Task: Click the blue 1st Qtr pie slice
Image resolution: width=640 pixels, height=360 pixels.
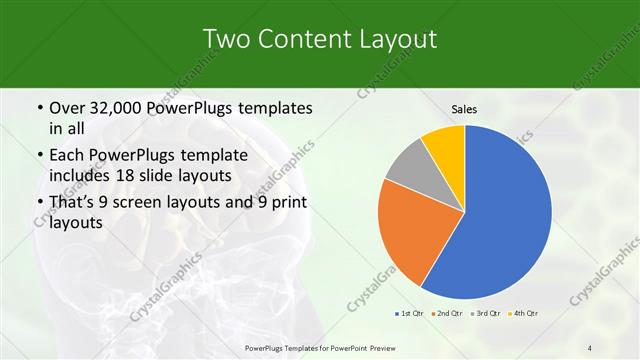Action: point(505,220)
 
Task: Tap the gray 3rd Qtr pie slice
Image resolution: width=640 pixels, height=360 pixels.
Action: point(409,166)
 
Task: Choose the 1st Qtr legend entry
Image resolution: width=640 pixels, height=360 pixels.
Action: point(410,315)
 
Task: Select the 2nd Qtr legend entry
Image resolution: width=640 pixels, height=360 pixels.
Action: point(446,315)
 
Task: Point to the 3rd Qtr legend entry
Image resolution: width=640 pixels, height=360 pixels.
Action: point(485,315)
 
